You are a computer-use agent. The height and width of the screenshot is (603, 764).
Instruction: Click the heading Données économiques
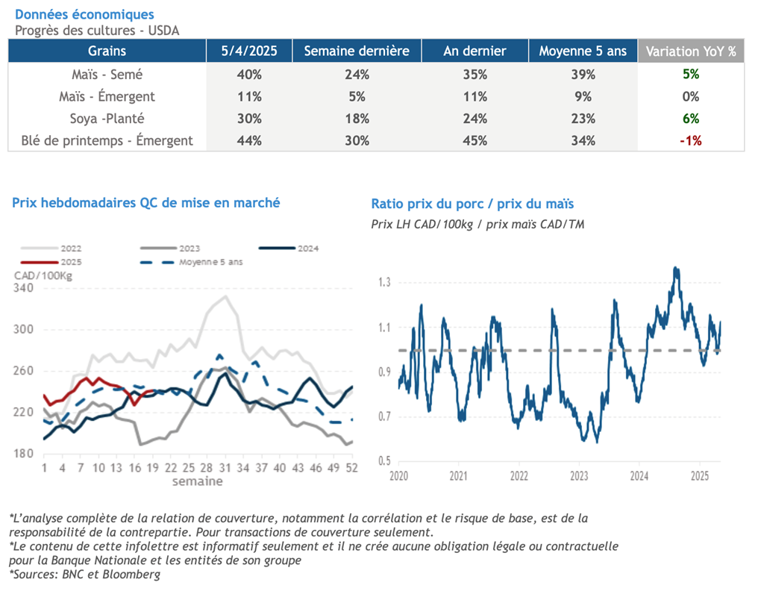(84, 14)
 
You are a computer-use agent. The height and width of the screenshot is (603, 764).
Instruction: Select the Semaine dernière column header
(357, 51)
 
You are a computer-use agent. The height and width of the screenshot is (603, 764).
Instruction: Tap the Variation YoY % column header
(690, 51)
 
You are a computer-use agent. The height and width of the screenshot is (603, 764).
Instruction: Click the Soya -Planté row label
(107, 118)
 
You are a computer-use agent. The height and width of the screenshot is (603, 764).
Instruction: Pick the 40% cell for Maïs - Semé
(249, 75)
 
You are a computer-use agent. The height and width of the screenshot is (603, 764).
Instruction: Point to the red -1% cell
(690, 140)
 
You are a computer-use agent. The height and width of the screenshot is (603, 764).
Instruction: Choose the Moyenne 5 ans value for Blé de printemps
(583, 140)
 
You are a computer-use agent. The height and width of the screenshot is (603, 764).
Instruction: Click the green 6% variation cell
(690, 118)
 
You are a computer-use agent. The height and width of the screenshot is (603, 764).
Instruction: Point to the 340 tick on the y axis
(24, 288)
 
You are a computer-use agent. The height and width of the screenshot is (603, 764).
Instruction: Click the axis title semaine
(197, 481)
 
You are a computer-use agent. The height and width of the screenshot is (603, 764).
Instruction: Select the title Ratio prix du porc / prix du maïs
(472, 203)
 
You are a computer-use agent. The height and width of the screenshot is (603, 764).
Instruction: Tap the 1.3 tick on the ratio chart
(383, 282)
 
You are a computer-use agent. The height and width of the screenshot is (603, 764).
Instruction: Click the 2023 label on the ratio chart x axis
(579, 475)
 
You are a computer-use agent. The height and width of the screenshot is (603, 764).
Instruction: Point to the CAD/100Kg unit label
(42, 275)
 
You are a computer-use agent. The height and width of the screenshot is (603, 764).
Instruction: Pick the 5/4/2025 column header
(249, 51)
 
